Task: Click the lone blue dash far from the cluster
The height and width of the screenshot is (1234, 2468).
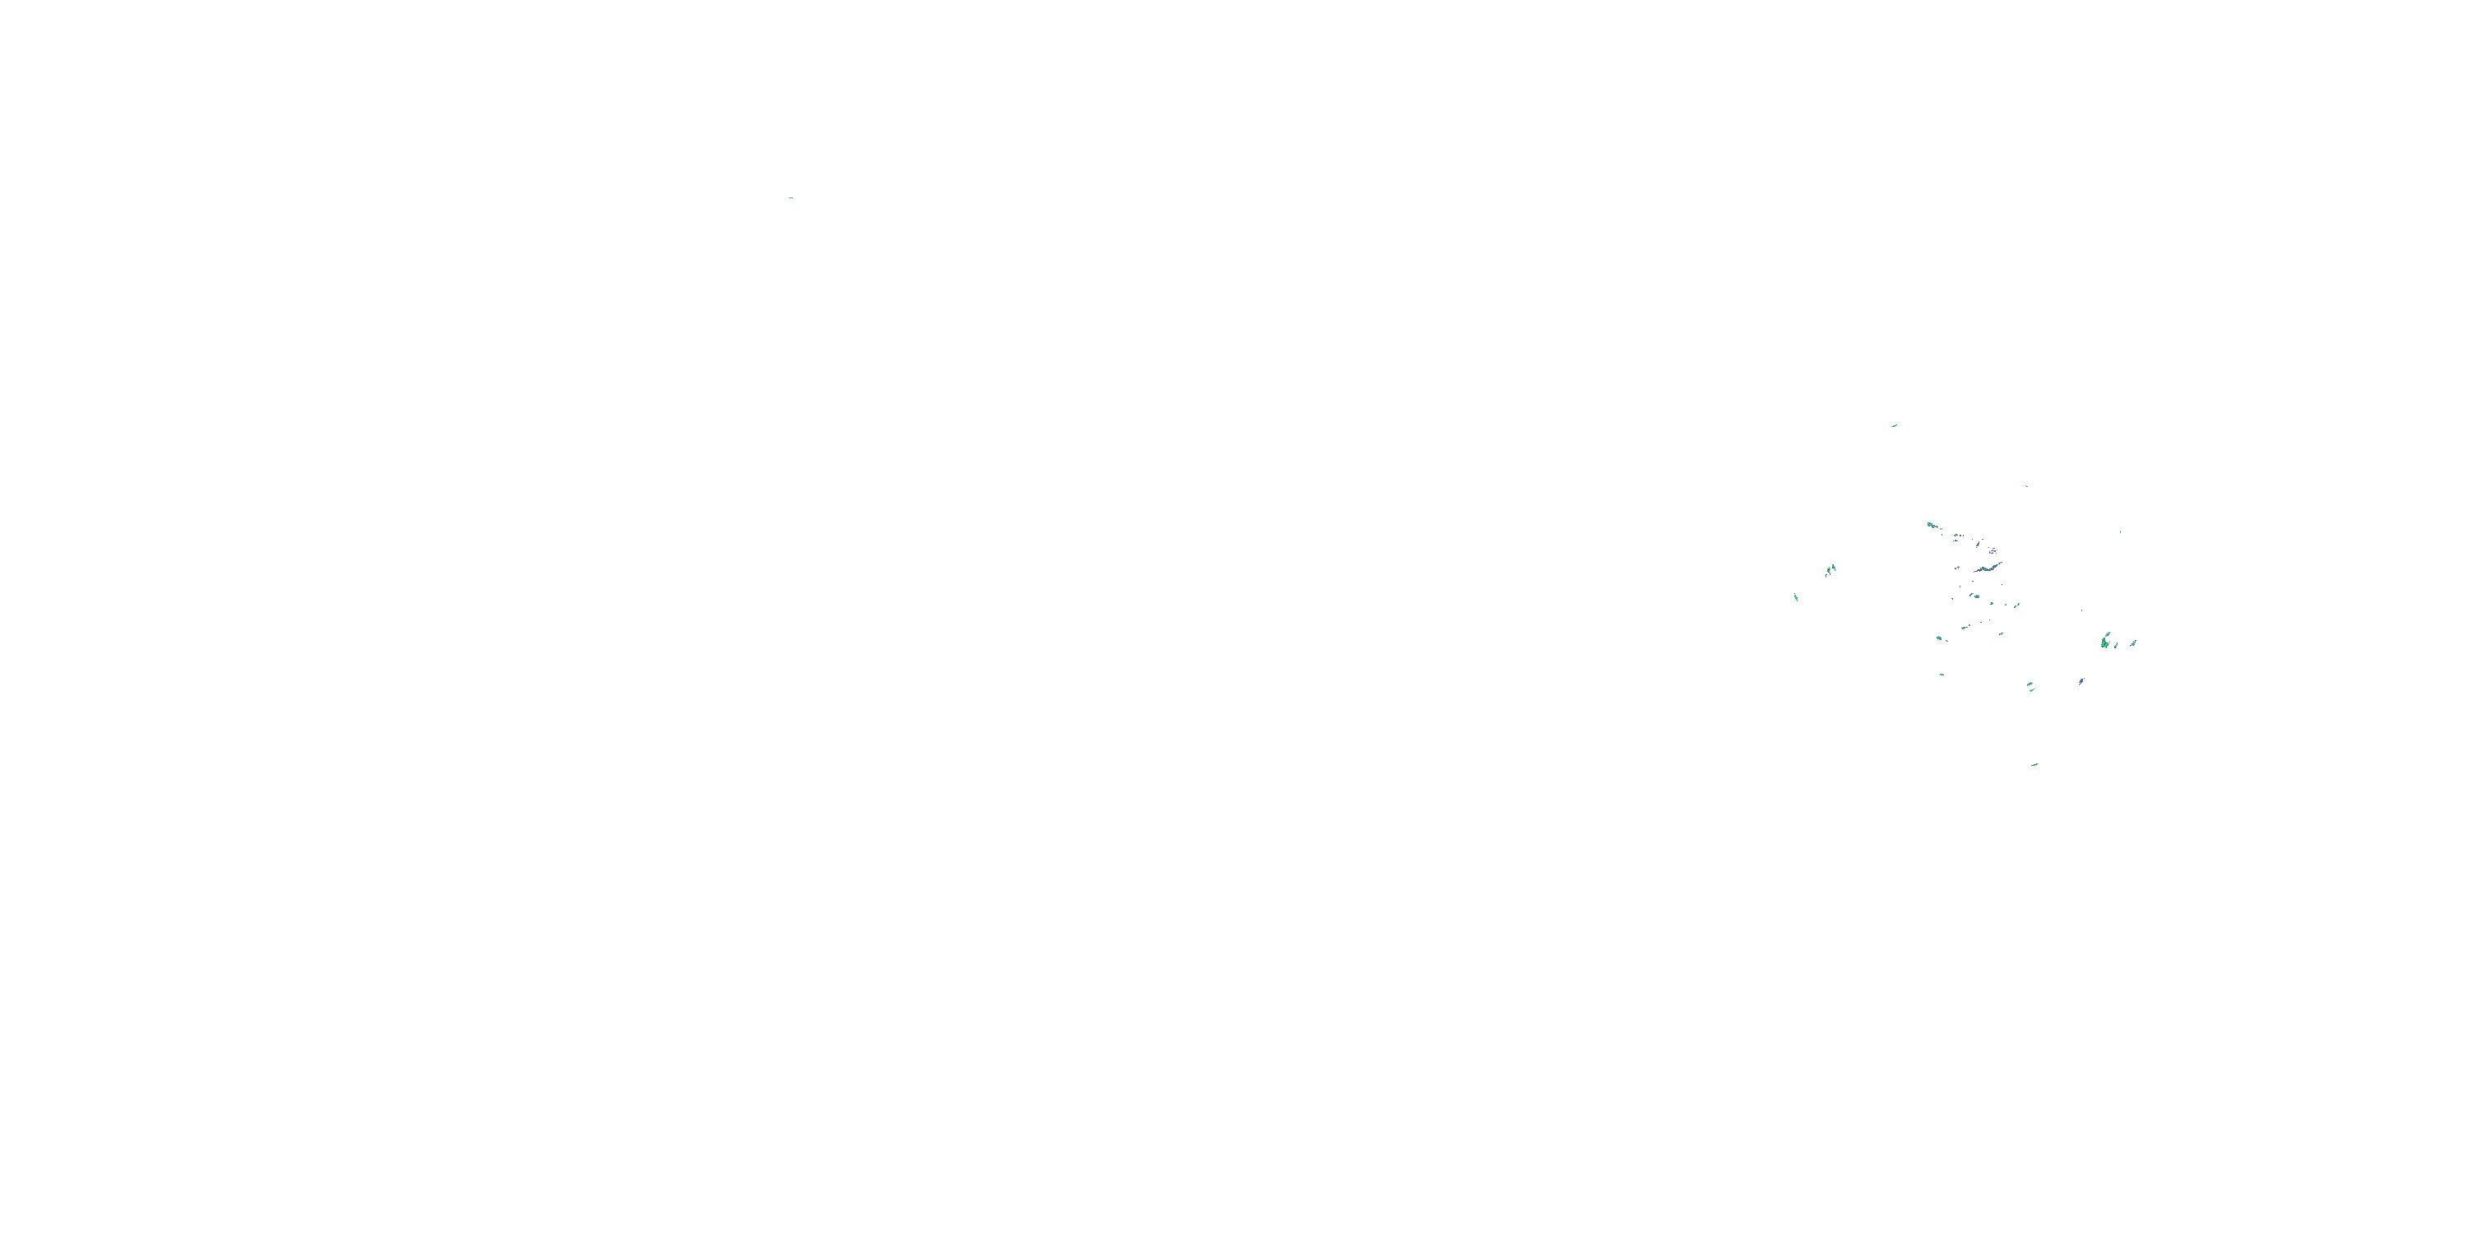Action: coord(791,197)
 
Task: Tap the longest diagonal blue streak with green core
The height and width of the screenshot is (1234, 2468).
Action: coord(1989,569)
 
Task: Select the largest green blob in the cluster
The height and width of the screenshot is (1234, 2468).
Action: coord(2106,643)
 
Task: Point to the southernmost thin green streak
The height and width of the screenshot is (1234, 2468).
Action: coord(2035,766)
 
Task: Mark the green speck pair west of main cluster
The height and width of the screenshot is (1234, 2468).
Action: coord(1831,569)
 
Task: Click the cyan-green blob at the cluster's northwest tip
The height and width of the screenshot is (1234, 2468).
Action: coord(1932,525)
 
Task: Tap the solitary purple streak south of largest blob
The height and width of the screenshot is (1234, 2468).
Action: coord(2082,681)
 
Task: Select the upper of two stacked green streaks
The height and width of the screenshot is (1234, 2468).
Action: coord(2030,684)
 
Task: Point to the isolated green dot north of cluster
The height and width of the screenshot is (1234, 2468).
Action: coord(2027,487)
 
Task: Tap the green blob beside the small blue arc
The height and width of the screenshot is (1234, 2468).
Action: coord(1978,597)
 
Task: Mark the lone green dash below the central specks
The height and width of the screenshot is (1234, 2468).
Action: coord(1942,675)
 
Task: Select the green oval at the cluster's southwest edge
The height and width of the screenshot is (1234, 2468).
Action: coord(1940,638)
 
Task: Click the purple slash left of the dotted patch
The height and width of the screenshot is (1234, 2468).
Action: coord(1979,544)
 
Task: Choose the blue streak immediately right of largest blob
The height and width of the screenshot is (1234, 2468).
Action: coord(2117,647)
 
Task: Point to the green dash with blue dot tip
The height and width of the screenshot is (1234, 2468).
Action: coord(1966,628)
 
